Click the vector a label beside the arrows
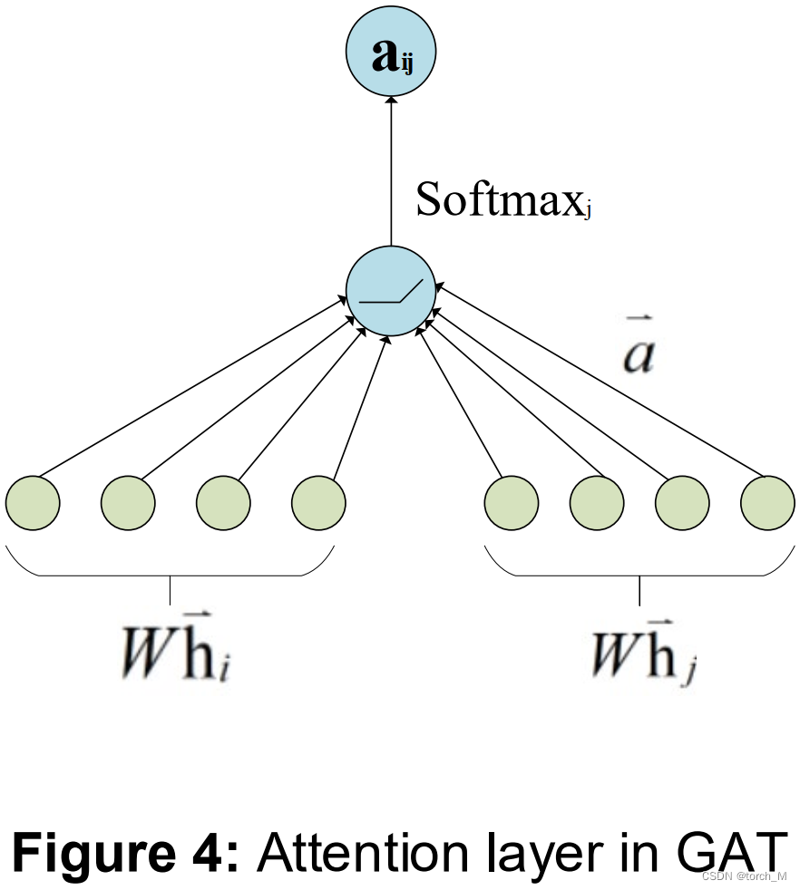pyautogui.click(x=639, y=355)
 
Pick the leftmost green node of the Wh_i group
pyautogui.click(x=33, y=501)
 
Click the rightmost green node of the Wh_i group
pyautogui.click(x=318, y=501)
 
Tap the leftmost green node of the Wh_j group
pyautogui.click(x=512, y=501)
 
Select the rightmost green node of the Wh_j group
pyautogui.click(x=767, y=501)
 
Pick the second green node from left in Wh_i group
pyautogui.click(x=128, y=501)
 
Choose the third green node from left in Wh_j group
pyautogui.click(x=682, y=501)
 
